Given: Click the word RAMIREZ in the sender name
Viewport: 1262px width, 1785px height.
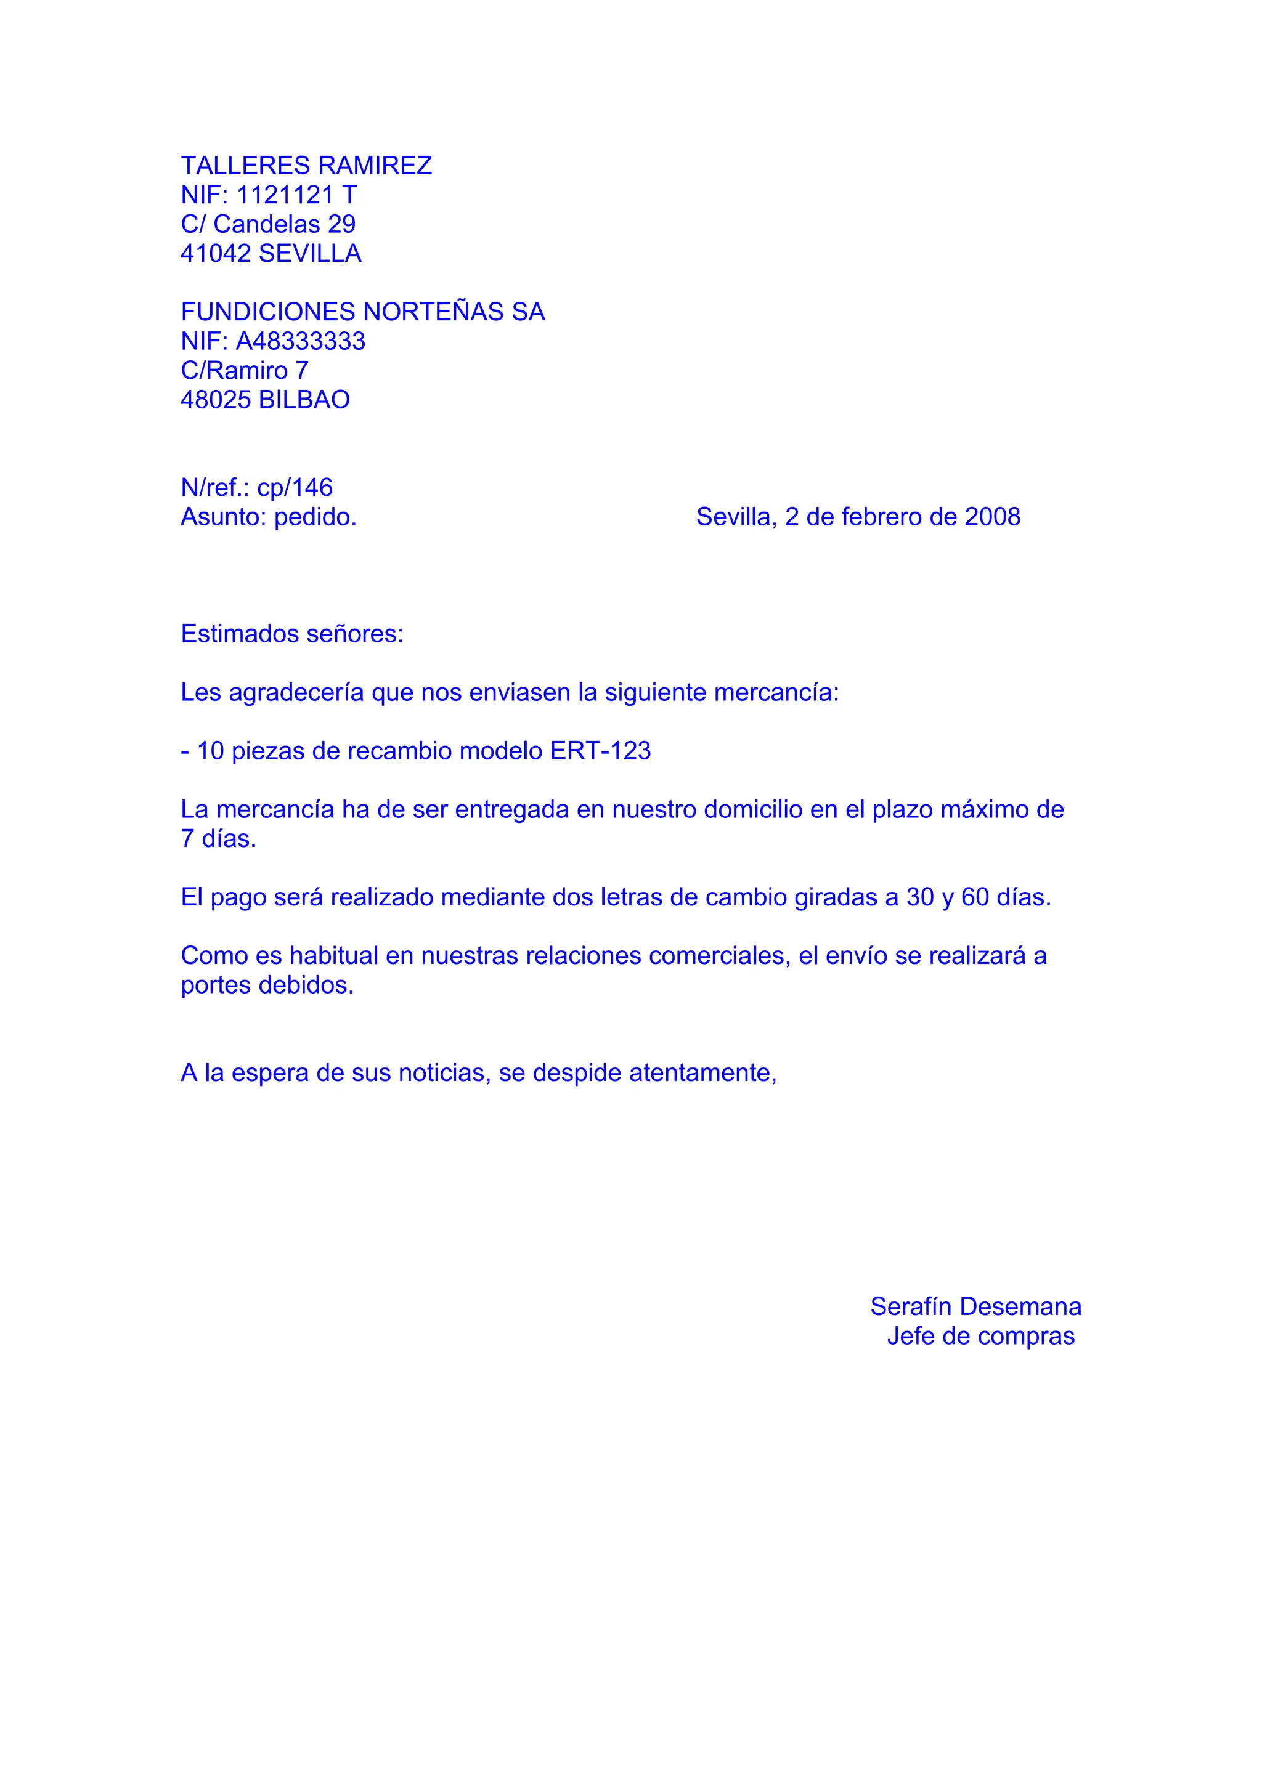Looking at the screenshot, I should (375, 166).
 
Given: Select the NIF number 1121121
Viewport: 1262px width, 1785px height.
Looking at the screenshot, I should (285, 195).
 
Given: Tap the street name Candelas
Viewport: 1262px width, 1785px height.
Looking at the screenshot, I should (267, 225).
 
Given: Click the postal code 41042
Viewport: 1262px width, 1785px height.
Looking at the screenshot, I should (216, 253).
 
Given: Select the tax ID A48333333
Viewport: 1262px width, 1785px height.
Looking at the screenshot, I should (300, 341).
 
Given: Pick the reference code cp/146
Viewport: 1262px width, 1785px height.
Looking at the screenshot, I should (295, 487).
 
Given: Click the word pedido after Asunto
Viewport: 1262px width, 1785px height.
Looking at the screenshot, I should (315, 517).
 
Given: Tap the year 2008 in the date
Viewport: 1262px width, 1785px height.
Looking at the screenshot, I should (992, 517).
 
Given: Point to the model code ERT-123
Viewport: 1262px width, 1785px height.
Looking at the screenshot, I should (600, 751).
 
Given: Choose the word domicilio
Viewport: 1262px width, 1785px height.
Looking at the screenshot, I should (752, 810).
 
